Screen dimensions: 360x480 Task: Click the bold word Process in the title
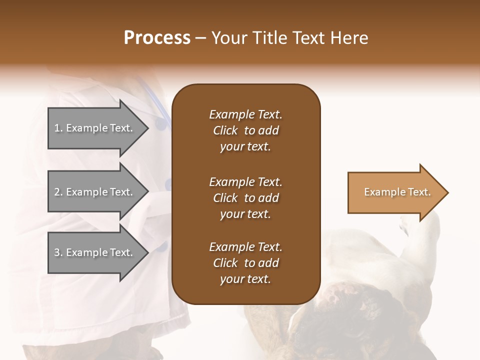[157, 38]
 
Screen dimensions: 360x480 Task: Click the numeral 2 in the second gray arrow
[57, 192]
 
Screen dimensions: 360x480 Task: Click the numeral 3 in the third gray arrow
[57, 252]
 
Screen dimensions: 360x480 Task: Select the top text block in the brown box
[245, 130]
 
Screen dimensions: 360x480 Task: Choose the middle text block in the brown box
[245, 198]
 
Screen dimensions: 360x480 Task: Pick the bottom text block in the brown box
[245, 263]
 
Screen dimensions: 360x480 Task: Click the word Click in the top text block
[225, 130]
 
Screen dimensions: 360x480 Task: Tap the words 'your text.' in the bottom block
[245, 279]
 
